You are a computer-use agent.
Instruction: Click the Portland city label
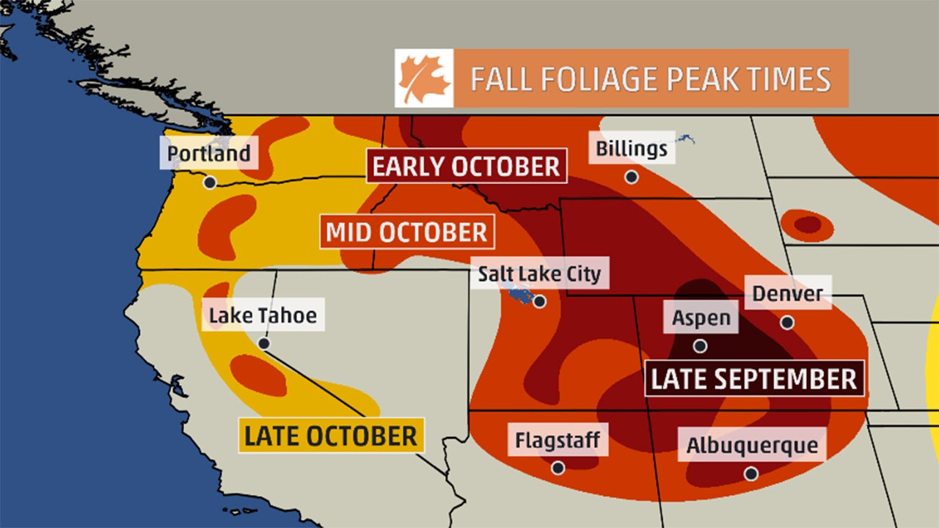[209, 154]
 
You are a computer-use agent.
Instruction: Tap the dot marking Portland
[210, 183]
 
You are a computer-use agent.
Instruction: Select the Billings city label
[632, 149]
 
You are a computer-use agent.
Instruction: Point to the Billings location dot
[631, 177]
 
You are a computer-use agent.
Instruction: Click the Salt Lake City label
[539, 274]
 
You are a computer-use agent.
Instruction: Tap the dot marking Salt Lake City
[540, 301]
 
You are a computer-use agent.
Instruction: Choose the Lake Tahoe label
[263, 315]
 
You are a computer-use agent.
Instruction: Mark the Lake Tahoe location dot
[263, 343]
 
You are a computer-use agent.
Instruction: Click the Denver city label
[788, 294]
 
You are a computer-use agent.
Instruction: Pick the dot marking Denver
[787, 322]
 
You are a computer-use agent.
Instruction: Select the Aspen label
[701, 318]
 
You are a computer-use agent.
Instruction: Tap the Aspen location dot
[701, 345]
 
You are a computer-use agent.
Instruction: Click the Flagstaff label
[558, 441]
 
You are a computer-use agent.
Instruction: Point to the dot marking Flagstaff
[558, 468]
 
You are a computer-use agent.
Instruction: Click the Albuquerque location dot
[751, 474]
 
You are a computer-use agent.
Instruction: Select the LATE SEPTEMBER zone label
[754, 379]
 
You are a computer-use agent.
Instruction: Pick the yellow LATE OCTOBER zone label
[331, 436]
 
